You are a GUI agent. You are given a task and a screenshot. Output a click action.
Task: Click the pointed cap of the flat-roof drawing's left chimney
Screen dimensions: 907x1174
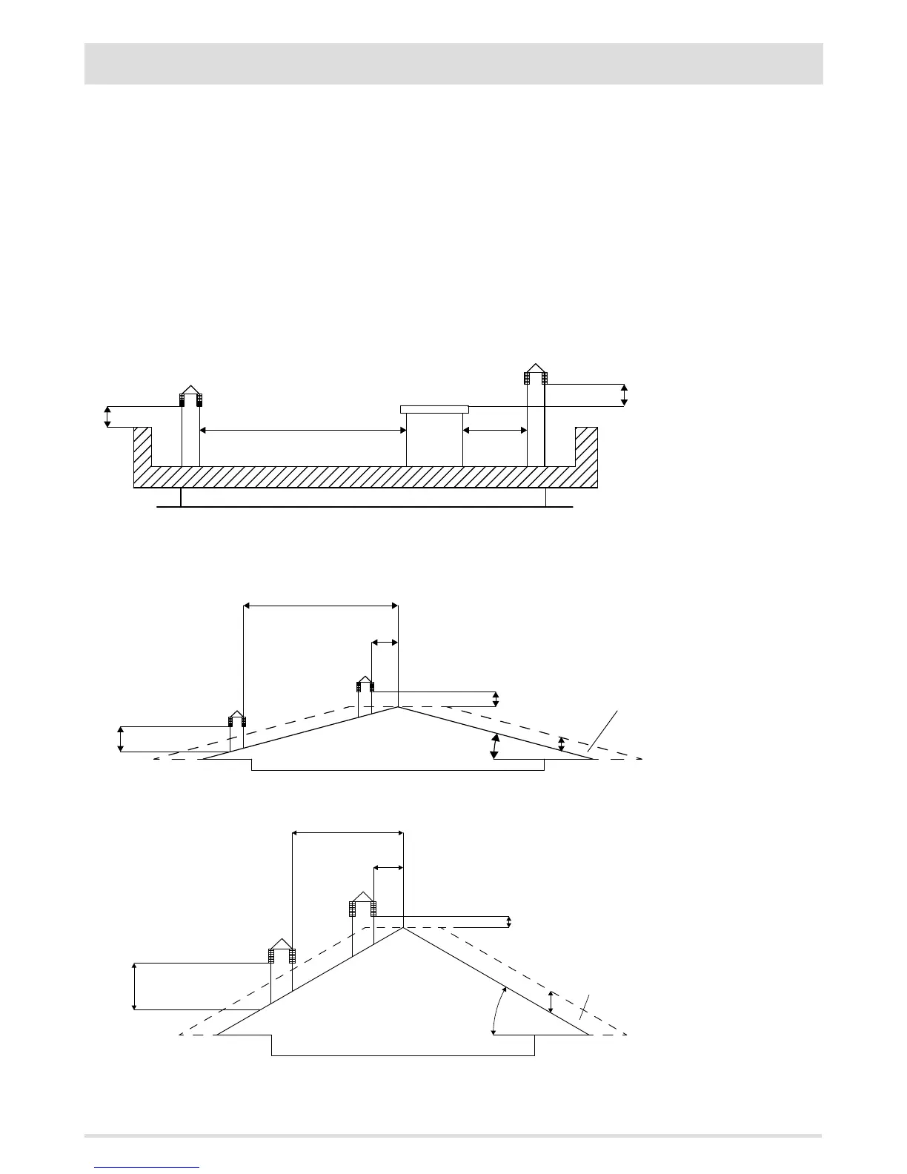(190, 392)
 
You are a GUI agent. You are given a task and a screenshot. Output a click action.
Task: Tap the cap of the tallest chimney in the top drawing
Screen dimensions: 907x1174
(535, 370)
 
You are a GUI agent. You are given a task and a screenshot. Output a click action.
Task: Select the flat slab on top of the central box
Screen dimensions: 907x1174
(434, 409)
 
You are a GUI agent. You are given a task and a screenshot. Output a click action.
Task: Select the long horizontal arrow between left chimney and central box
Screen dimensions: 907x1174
(302, 430)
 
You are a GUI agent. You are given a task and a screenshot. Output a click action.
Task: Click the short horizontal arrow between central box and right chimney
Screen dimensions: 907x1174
(494, 430)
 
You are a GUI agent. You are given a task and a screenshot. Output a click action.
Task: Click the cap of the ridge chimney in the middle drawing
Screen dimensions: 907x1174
(365, 681)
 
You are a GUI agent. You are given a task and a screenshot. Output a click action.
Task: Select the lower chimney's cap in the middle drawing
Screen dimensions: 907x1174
(236, 717)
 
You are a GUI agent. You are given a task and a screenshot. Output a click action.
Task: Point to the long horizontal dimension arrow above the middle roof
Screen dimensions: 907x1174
(321, 606)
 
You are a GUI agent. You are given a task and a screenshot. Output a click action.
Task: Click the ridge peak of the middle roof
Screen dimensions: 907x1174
(398, 707)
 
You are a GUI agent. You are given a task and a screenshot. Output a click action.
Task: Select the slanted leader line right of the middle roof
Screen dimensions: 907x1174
(602, 732)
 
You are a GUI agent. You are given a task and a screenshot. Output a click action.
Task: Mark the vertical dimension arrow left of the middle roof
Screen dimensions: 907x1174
(121, 740)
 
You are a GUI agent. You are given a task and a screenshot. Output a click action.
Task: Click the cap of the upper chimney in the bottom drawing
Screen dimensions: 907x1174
(362, 899)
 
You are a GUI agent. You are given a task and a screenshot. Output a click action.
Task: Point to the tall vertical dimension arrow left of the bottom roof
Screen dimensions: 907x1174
(134, 986)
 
